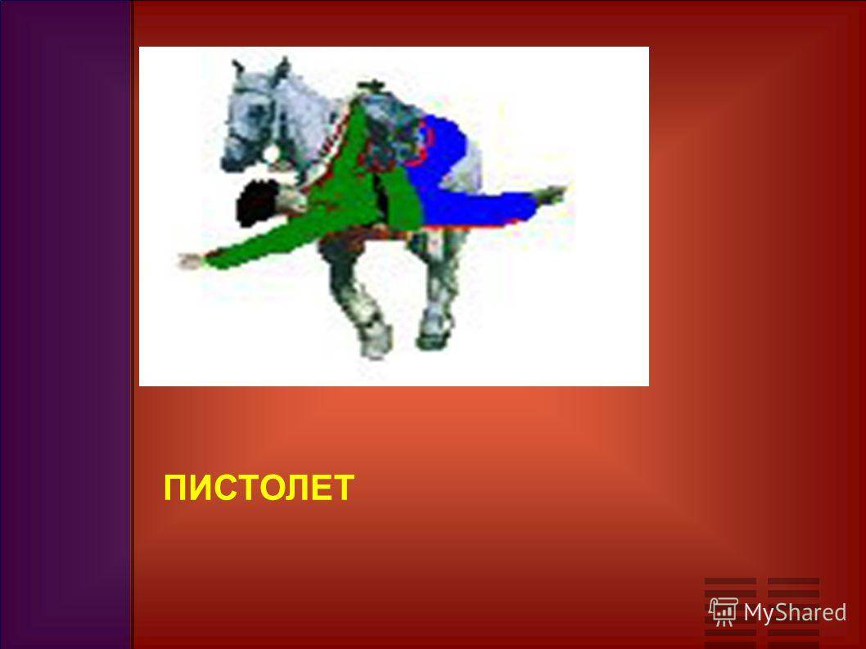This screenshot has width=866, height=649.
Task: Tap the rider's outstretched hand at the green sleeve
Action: coord(191,261)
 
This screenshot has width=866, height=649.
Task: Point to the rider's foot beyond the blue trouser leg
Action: coord(551,194)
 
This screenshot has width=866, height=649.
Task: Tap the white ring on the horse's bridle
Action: coord(270,154)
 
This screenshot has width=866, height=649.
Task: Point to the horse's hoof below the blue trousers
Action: coord(433,334)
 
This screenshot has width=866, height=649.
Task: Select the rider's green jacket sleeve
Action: coord(259,243)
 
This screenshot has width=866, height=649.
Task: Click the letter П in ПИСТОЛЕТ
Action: coord(176,488)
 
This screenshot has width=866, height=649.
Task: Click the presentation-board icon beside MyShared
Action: coord(724,611)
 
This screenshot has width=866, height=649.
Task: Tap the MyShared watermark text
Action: coord(794,612)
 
